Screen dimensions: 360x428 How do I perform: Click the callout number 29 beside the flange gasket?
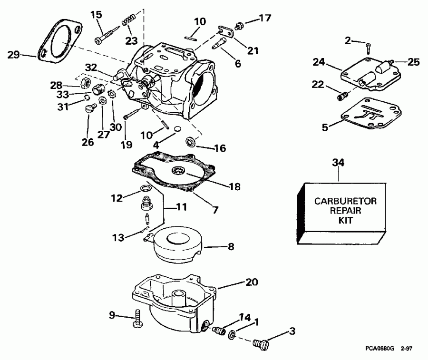[x=14, y=55]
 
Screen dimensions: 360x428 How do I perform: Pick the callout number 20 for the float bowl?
[x=252, y=282]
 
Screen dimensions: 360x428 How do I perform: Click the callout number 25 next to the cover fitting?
[x=413, y=62]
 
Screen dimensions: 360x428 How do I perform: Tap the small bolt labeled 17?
[x=241, y=22]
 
